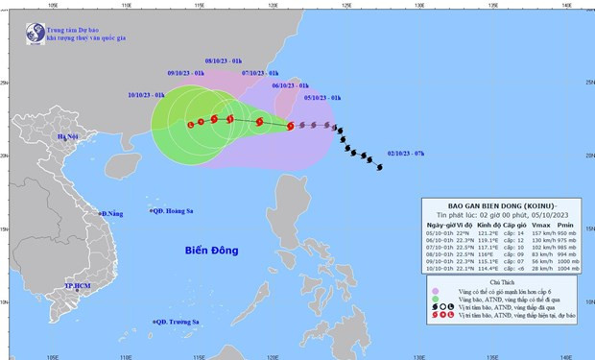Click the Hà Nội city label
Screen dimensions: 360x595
point(67,137)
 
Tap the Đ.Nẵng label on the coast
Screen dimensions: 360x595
point(111,212)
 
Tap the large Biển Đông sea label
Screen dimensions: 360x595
point(211,251)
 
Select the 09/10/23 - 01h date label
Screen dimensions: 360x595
point(184,73)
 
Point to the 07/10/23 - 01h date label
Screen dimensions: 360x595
point(260,73)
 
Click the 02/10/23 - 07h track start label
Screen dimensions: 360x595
point(406,152)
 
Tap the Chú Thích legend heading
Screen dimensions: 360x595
point(503,282)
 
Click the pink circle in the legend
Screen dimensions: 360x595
point(437,293)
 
